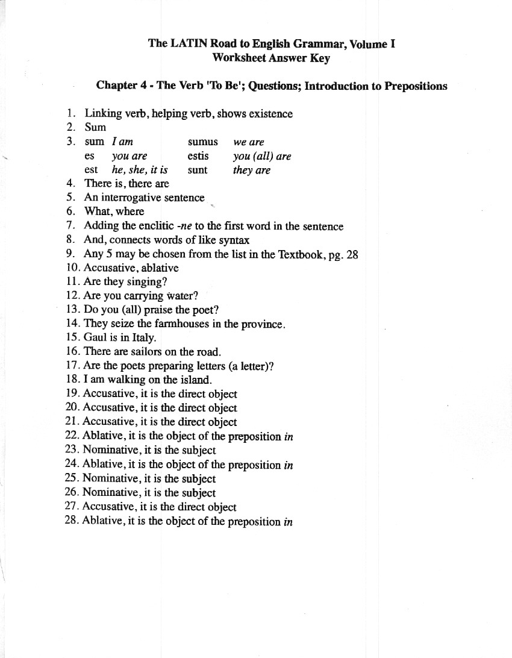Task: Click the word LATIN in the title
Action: [189, 44]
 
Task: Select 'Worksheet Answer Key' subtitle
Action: [271, 58]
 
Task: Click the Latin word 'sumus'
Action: [202, 142]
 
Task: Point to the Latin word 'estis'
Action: [198, 156]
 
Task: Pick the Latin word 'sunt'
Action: [197, 170]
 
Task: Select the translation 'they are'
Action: [251, 170]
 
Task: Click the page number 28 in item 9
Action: [352, 254]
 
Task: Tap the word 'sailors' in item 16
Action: [144, 352]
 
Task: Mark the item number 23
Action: [72, 450]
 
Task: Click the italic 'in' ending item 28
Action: [288, 522]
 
